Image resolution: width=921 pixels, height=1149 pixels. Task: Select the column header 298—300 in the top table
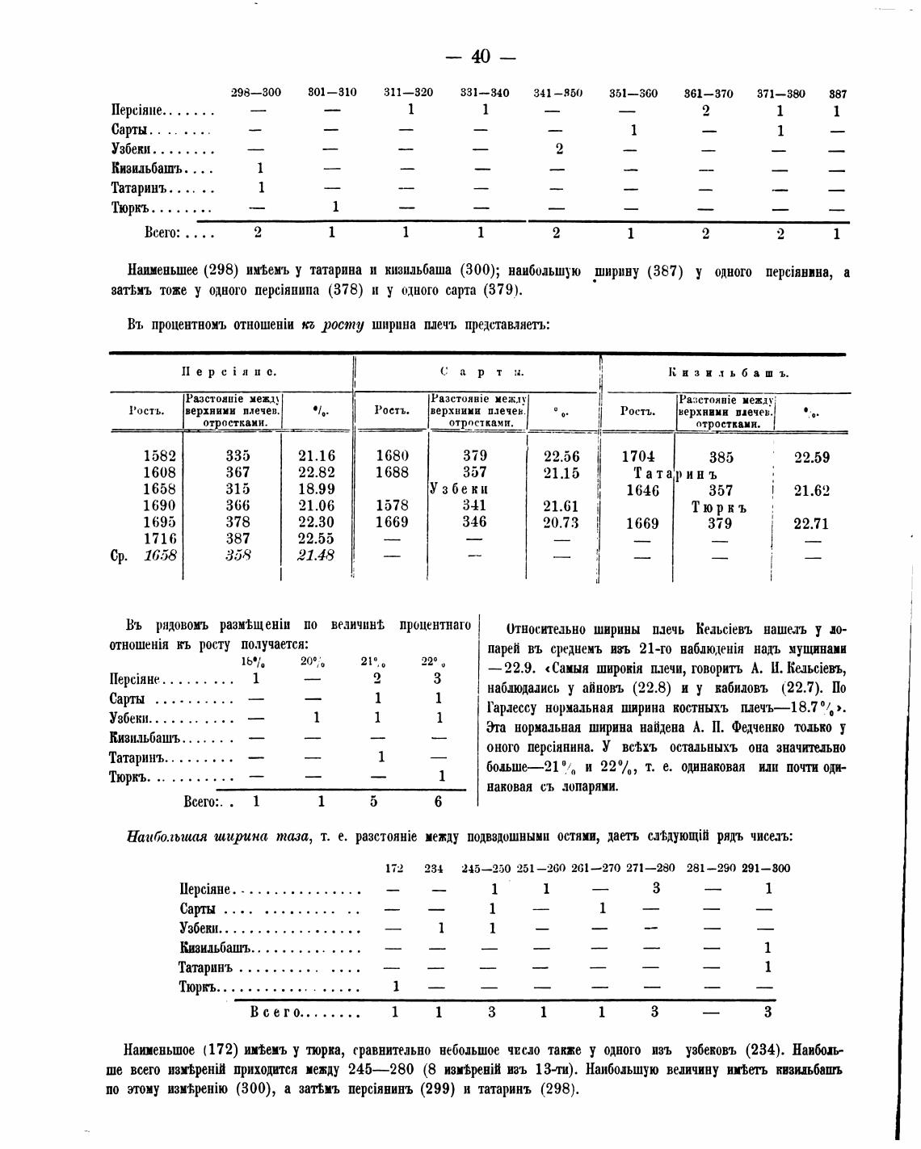[x=256, y=93]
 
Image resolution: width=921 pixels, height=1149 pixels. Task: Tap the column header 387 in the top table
[x=837, y=94]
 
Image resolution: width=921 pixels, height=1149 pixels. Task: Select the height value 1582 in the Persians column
[x=159, y=455]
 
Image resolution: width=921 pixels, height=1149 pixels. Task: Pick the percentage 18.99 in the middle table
[x=316, y=489]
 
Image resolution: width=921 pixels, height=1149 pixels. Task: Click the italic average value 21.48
[x=316, y=556]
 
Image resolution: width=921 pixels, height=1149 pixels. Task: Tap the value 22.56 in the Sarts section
[x=561, y=456]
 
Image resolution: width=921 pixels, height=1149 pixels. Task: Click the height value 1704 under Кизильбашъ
[x=637, y=456]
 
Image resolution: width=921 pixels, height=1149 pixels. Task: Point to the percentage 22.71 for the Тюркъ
[x=811, y=524]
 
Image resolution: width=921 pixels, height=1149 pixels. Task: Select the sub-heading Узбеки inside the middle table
[x=459, y=489]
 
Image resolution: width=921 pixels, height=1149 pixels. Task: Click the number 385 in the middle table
[x=721, y=458]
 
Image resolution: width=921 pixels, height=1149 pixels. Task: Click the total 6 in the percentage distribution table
[x=438, y=802]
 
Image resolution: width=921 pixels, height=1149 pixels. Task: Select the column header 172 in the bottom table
[x=393, y=869]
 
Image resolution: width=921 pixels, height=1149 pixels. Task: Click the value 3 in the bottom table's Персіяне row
[x=656, y=888]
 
